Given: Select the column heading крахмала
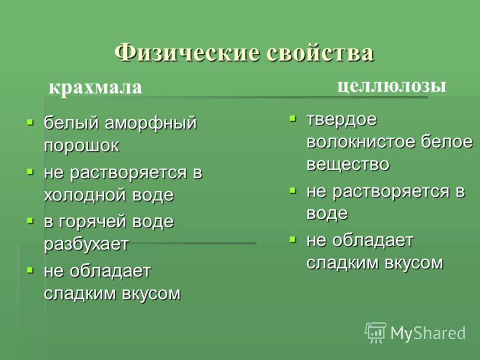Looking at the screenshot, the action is pyautogui.click(x=95, y=87).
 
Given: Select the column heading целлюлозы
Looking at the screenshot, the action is pyautogui.click(x=392, y=86).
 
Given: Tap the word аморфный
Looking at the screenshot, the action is pyautogui.click(x=151, y=123).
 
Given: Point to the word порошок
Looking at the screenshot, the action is pyautogui.click(x=82, y=145).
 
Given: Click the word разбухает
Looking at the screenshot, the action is pyautogui.click(x=86, y=244).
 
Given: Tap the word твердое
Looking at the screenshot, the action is pyautogui.click(x=341, y=119).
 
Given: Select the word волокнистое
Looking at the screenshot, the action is pyautogui.click(x=361, y=142).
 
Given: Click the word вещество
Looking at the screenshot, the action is pyautogui.click(x=348, y=164).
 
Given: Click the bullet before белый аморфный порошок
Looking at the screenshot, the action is pyautogui.click(x=30, y=123).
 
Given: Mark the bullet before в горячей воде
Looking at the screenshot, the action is pyautogui.click(x=30, y=221).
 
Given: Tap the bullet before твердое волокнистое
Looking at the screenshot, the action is pyautogui.click(x=293, y=118).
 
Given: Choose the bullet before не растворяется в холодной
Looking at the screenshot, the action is pyautogui.click(x=30, y=172).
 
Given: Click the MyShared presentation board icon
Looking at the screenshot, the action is pyautogui.click(x=376, y=332).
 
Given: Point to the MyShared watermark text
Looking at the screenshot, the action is pyautogui.click(x=428, y=333).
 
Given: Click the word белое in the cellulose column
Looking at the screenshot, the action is pyautogui.click(x=446, y=142).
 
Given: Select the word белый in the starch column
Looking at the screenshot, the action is pyautogui.click(x=71, y=123).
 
